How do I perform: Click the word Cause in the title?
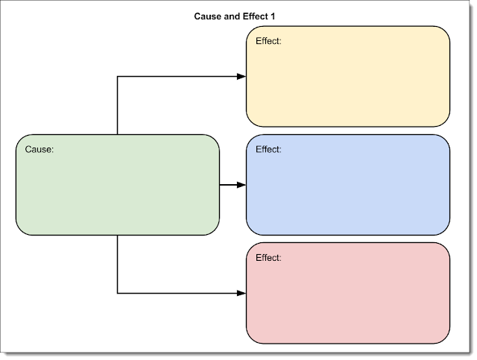(209, 15)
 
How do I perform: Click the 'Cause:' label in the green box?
(40, 149)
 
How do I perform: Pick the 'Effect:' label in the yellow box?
(268, 41)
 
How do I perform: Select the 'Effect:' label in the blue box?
(268, 149)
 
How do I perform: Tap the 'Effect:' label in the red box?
(268, 258)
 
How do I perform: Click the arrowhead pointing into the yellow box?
(241, 76)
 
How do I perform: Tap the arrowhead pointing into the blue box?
(241, 184)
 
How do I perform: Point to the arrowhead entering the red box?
(241, 293)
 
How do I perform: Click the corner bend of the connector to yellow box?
(118, 76)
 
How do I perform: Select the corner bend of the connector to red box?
(118, 293)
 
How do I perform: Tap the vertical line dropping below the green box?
(118, 264)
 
